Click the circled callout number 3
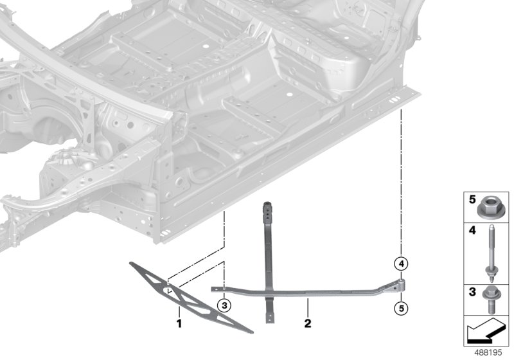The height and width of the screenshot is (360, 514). pyautogui.click(x=224, y=305)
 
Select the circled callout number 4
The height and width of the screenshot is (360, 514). pyautogui.click(x=400, y=263)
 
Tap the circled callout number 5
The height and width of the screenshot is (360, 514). pyautogui.click(x=400, y=309)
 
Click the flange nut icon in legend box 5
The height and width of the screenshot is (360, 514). pyautogui.click(x=489, y=207)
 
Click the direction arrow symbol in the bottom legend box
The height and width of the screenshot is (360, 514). pyautogui.click(x=485, y=332)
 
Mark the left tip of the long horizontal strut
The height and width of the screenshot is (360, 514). pyautogui.click(x=214, y=289)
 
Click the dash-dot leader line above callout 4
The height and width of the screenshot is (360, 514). pyautogui.click(x=401, y=180)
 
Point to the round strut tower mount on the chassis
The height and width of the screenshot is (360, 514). pyautogui.click(x=67, y=158)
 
